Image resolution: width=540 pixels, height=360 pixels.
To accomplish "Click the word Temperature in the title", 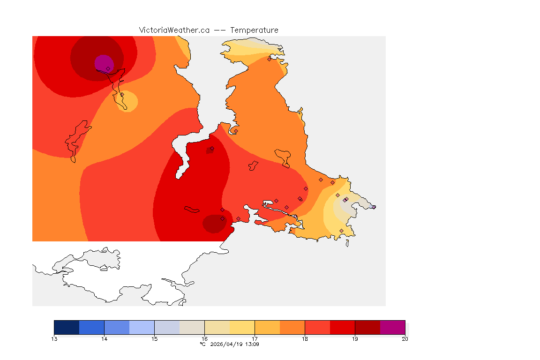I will coord(254,30).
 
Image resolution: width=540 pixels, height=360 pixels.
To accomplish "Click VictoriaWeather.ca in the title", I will coord(174,30).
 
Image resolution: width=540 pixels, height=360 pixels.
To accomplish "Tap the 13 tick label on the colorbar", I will coord(54,339).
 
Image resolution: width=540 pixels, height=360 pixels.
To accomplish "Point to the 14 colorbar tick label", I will coord(105,339).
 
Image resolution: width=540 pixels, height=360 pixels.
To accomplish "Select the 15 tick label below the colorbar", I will coord(154,339).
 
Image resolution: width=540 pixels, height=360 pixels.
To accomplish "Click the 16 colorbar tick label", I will coord(204,339).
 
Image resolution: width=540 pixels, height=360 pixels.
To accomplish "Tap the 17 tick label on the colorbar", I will coord(255,339).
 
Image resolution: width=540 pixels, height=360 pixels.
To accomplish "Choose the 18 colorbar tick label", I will coord(305,339).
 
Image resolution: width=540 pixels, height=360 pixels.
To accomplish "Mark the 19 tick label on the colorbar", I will coord(355,339).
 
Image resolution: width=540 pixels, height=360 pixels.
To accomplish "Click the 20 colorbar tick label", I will coord(405,339).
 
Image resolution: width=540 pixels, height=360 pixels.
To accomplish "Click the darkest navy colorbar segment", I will coord(67,327).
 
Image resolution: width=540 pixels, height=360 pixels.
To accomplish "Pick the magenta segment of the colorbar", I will coord(392,327).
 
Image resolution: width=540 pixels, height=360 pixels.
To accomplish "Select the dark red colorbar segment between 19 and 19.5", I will coord(367,327).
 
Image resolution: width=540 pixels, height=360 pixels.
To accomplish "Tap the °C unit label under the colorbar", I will coord(202,344).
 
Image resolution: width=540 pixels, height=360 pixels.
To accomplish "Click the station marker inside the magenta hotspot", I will coord(108,68).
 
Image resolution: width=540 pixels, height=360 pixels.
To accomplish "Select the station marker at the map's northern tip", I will coord(269,59).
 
